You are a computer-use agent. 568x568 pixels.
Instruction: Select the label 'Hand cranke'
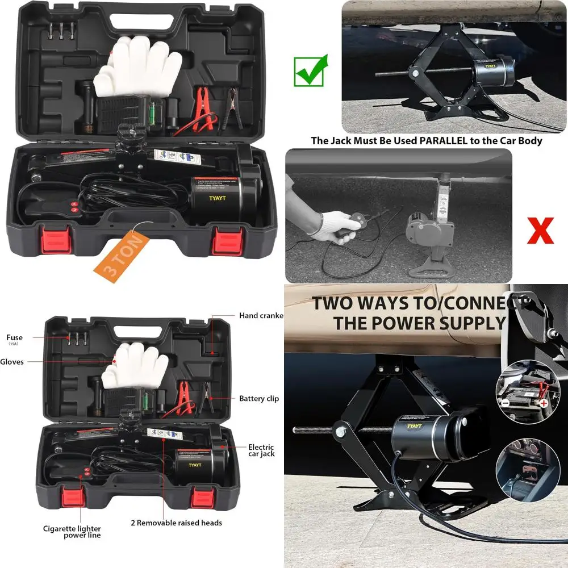pos(261,316)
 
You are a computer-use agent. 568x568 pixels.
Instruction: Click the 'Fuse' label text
pos(15,337)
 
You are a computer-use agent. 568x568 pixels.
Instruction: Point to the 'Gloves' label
pos(12,362)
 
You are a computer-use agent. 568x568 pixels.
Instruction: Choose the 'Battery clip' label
pos(258,399)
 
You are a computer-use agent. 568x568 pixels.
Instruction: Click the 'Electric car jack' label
pos(261,450)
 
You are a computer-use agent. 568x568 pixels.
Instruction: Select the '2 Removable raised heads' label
pos(176,523)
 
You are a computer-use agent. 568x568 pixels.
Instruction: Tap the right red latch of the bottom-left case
pos(203,498)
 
